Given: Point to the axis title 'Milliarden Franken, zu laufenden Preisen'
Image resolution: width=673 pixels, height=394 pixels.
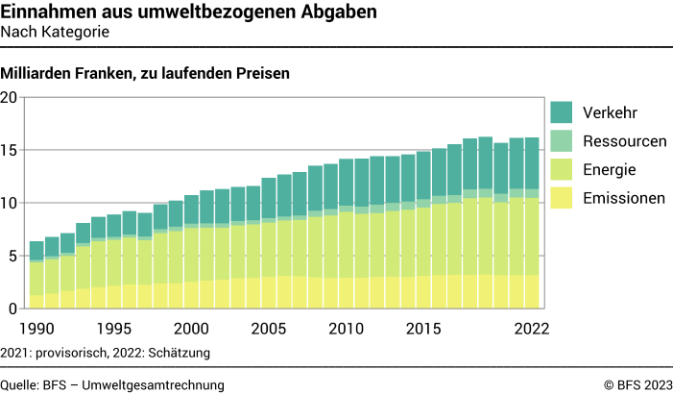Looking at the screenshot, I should [x=145, y=73].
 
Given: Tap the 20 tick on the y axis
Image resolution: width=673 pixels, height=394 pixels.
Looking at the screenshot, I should [x=10, y=97].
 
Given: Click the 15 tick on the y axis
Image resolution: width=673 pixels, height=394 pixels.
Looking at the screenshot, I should [x=10, y=150].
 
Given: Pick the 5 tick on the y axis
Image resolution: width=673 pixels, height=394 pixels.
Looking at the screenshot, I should [x=13, y=256].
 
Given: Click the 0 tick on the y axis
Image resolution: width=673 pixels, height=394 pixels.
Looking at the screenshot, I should [x=13, y=308].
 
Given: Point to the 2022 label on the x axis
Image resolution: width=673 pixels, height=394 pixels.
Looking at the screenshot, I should [x=530, y=328].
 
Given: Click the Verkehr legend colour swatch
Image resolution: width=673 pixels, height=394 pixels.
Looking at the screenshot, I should [x=562, y=112].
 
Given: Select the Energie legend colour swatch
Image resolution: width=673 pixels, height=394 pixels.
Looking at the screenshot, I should [x=562, y=170].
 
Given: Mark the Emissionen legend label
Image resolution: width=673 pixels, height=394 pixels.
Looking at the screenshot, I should [x=624, y=199].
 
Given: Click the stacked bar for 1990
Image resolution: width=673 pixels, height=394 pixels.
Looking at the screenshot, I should [x=36, y=275].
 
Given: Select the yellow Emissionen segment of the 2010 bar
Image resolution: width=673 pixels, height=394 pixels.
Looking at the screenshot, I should [x=346, y=293].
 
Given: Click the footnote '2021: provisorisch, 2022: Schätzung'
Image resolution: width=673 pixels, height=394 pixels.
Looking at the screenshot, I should [x=106, y=353].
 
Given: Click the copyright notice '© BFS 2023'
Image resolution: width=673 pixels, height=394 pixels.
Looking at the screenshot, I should [x=638, y=384].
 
